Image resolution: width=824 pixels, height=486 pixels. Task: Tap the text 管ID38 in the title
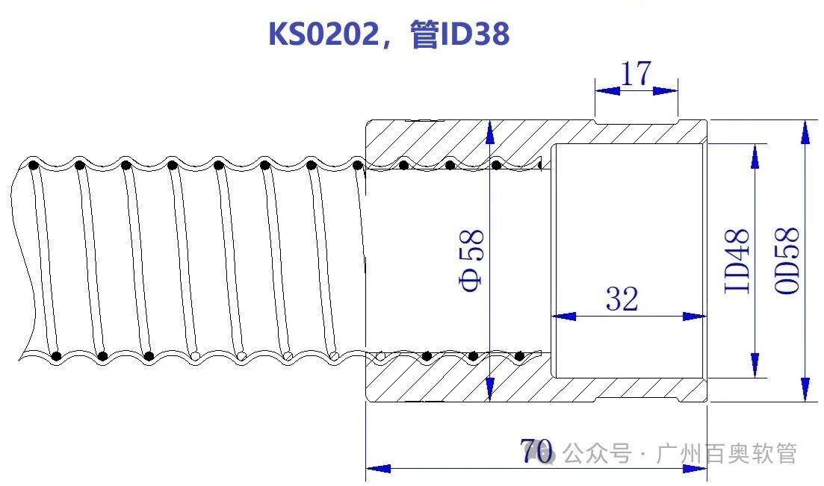pyautogui.click(x=459, y=34)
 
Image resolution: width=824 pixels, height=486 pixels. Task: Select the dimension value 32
pyautogui.click(x=622, y=299)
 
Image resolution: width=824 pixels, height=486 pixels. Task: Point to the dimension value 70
pyautogui.click(x=536, y=450)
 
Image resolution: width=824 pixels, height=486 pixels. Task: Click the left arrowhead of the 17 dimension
pyautogui.click(x=607, y=91)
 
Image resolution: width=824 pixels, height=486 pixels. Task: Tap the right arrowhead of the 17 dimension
pyautogui.click(x=666, y=91)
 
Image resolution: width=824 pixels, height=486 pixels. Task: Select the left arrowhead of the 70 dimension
pyautogui.click(x=378, y=469)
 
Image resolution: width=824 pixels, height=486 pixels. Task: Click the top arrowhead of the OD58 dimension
pyautogui.click(x=805, y=131)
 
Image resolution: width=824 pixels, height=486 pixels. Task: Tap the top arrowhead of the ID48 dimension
pyautogui.click(x=755, y=155)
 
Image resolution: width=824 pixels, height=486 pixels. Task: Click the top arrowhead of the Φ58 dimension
pyautogui.click(x=489, y=131)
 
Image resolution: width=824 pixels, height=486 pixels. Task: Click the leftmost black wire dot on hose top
pyautogui.click(x=33, y=166)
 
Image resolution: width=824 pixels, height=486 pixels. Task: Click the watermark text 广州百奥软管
pyautogui.click(x=726, y=454)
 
